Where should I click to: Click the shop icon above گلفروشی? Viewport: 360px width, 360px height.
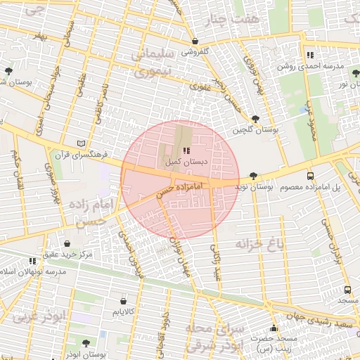point(195,41)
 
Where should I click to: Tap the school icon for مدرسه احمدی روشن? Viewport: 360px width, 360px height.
point(310,55)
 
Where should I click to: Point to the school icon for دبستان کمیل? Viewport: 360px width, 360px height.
point(186,150)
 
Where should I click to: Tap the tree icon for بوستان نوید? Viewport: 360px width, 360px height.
point(253,176)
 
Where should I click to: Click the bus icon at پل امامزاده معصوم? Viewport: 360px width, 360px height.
point(311,176)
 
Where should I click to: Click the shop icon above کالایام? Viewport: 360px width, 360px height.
point(124,300)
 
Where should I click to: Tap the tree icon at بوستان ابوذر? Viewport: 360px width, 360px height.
point(86,343)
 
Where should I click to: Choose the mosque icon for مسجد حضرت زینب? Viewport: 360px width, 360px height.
point(274,328)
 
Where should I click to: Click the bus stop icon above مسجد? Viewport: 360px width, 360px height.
point(347,290)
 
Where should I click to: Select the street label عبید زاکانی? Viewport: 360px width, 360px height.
point(217,264)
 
